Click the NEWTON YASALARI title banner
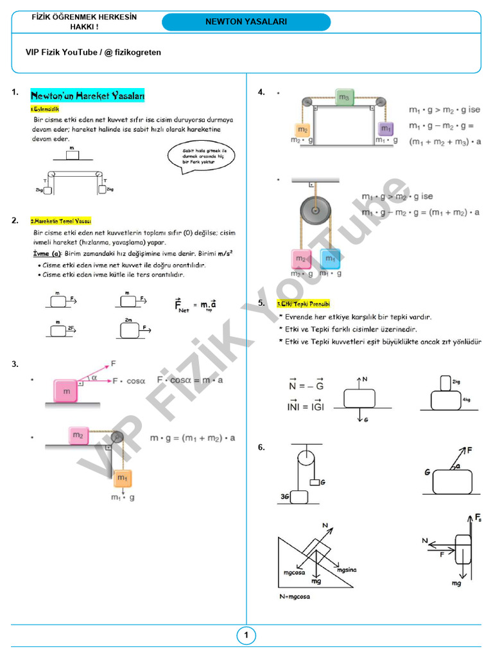click(x=246, y=22)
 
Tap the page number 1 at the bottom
click(x=246, y=636)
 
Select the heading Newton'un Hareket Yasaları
click(x=88, y=96)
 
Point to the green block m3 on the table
click(x=344, y=98)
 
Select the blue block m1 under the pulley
click(x=330, y=259)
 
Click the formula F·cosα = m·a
click(x=190, y=380)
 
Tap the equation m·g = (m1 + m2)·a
click(x=193, y=438)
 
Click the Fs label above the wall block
click(x=478, y=517)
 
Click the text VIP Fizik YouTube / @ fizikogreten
click(x=93, y=52)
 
